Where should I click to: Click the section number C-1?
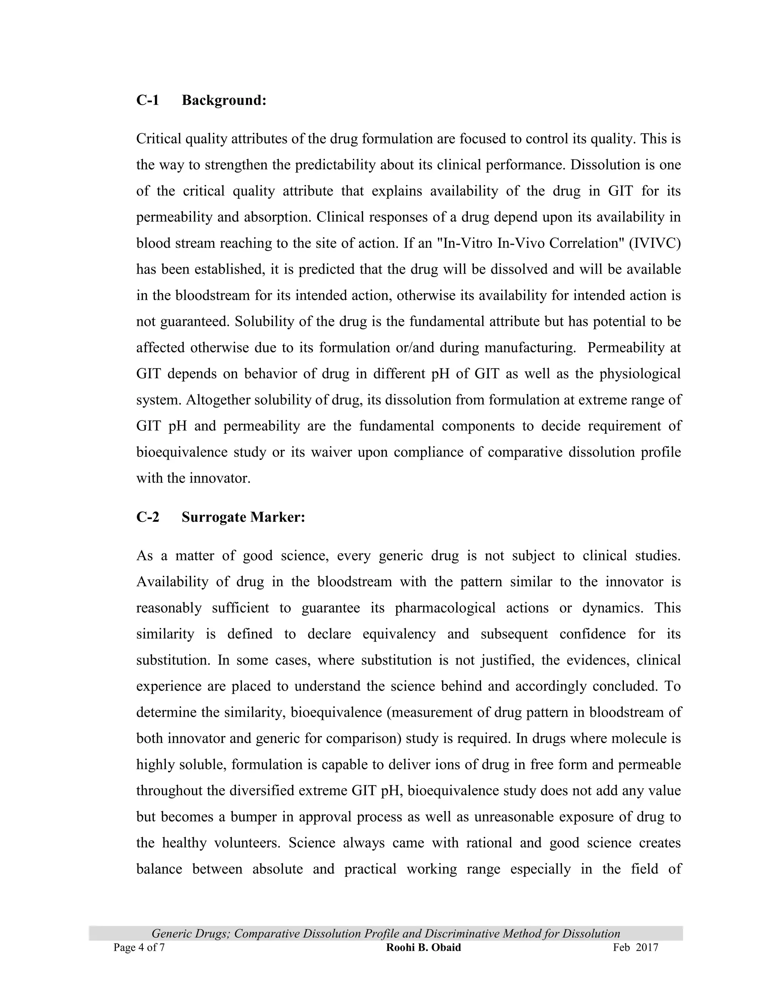[147, 100]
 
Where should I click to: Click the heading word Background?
[224, 100]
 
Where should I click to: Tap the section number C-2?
[148, 517]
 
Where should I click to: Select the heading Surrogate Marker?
[243, 517]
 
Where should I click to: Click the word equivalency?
[399, 634]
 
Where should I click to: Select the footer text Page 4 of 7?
[139, 947]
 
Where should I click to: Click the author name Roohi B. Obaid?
[423, 947]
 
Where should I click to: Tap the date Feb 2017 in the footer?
[635, 947]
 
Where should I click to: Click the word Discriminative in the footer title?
[461, 933]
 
